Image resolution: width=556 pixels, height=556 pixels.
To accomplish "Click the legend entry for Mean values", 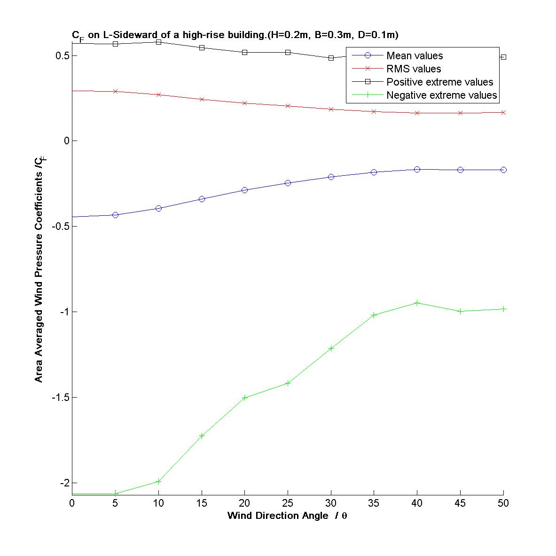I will tap(415, 56).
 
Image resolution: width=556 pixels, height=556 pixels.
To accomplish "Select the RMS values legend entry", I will tap(414, 69).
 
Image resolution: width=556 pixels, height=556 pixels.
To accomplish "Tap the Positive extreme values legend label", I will tap(439, 82).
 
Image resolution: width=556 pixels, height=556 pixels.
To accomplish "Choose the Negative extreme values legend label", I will tap(441, 95).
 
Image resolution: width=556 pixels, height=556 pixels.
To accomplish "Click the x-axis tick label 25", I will tap(288, 503).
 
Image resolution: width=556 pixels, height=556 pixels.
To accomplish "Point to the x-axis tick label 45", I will tap(460, 503).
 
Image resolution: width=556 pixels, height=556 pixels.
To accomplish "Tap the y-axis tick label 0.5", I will tap(62, 56).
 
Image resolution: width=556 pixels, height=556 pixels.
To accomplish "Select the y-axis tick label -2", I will tap(63, 483).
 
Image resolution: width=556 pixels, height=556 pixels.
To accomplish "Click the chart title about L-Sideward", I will tap(235, 35).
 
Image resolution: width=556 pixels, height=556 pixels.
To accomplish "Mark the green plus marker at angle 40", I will tap(417, 303).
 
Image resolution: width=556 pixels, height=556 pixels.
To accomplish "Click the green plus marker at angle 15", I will tap(202, 436).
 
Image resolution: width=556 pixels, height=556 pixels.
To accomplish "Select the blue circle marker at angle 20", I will tap(244, 190).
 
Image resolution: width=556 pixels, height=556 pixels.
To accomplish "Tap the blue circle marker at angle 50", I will tap(503, 170).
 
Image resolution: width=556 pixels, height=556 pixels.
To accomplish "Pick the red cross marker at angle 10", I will tap(158, 95).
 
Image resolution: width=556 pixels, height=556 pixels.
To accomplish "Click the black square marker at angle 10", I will tap(158, 42).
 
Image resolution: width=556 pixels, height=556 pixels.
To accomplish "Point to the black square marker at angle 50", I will tap(503, 57).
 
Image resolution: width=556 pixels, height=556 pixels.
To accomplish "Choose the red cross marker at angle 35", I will tap(374, 112).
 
